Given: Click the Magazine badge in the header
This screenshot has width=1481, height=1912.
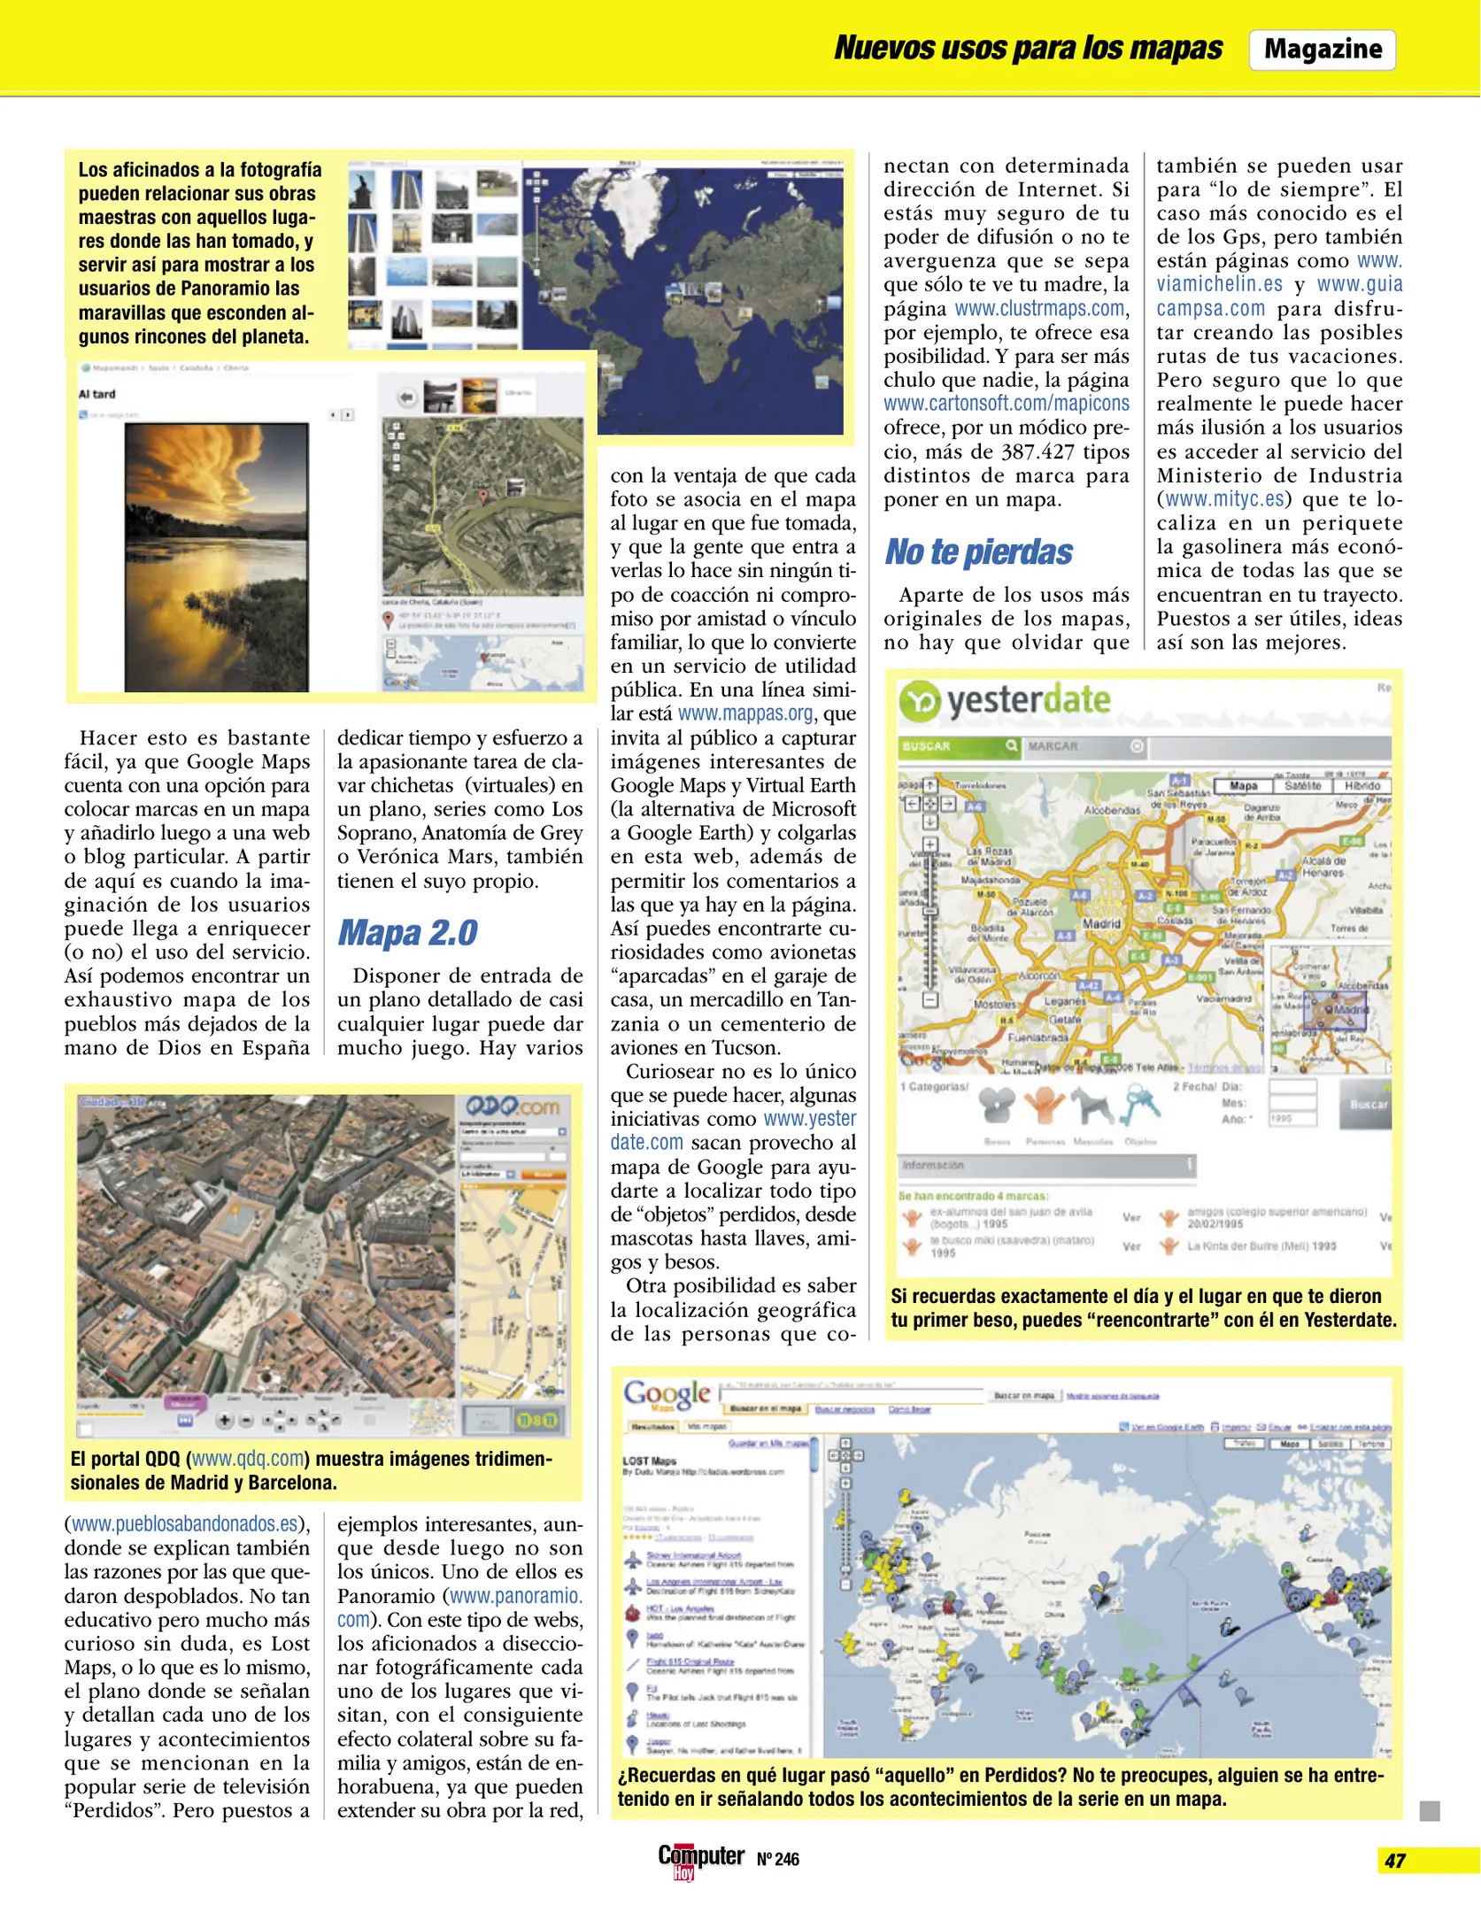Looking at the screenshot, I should [1322, 50].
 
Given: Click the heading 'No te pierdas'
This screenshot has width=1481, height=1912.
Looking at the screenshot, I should [978, 552].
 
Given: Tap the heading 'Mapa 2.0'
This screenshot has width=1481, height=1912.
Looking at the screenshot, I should [407, 933].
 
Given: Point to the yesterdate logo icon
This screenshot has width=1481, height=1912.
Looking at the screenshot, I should [920, 702].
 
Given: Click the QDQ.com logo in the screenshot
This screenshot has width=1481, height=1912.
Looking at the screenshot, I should [513, 1107].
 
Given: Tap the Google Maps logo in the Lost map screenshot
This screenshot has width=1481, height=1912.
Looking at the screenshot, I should [667, 1395].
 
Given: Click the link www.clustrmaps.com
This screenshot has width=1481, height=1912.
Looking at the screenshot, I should [1039, 309].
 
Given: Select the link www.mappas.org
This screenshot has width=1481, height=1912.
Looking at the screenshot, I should [745, 713].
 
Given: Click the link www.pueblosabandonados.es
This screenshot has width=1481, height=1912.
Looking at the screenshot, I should [184, 1523].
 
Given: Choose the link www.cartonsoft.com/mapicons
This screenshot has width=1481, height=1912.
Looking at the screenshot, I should [1006, 404].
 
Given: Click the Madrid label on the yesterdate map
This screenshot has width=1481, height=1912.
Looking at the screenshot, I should [1101, 923].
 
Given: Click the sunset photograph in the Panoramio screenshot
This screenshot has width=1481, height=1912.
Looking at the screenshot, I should [216, 557].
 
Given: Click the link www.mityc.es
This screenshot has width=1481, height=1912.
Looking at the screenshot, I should [1224, 499].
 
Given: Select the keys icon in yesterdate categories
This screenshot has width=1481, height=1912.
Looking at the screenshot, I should [1142, 1106].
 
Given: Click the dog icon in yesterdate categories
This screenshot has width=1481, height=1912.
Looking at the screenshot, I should [1092, 1106].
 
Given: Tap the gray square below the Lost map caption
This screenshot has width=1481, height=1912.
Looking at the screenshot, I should [1429, 1811].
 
